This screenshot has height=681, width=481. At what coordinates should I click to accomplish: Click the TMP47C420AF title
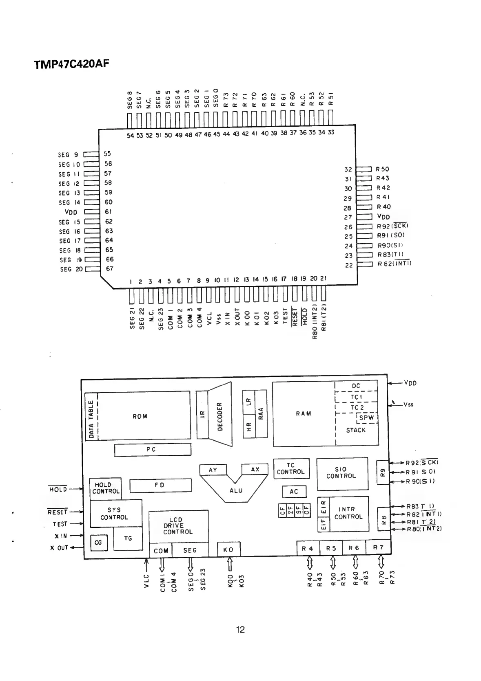72,64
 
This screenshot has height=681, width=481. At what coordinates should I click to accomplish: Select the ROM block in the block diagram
140,416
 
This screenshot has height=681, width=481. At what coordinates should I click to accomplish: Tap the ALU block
236,490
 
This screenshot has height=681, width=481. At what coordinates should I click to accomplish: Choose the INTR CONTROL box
348,513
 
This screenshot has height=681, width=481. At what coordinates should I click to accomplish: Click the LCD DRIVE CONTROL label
177,526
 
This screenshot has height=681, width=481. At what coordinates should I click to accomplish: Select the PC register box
152,450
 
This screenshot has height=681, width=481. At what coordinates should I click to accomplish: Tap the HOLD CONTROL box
106,488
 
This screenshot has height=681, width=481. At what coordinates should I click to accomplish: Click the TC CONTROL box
290,468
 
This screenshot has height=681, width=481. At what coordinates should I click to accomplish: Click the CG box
98,542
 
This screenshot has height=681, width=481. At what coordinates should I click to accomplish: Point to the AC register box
294,492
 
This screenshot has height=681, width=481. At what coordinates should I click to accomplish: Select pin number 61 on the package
108,211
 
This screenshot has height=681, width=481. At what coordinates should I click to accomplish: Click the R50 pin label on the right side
382,169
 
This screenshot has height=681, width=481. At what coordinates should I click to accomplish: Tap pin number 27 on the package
348,217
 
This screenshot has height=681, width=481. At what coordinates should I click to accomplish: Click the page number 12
240,629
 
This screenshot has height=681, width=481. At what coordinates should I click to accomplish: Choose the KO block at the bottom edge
228,549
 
